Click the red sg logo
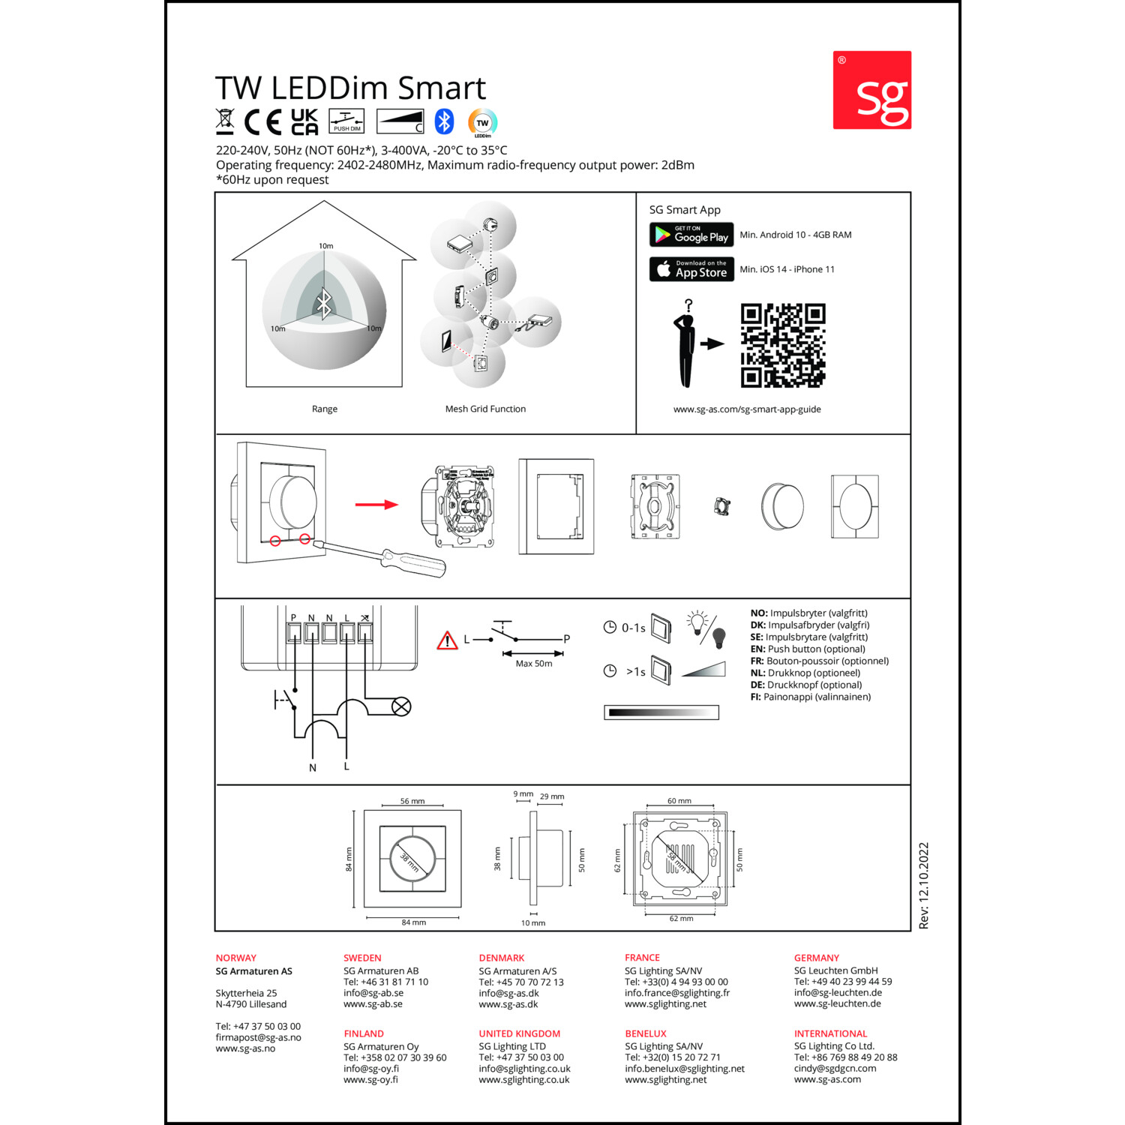[872, 90]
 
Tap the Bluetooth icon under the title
[445, 121]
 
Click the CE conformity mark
[262, 121]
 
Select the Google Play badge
[691, 235]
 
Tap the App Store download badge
[691, 269]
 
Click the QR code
[783, 345]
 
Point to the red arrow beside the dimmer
[376, 504]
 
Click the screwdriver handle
[413, 562]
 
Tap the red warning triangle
[447, 640]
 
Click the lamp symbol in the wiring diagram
[402, 706]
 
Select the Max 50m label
[534, 664]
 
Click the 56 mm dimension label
[412, 801]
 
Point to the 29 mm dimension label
[552, 796]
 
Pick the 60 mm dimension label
[679, 801]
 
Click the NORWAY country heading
[236, 958]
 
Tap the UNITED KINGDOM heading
[520, 1033]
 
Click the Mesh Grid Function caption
[485, 409]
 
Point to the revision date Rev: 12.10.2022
[924, 886]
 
